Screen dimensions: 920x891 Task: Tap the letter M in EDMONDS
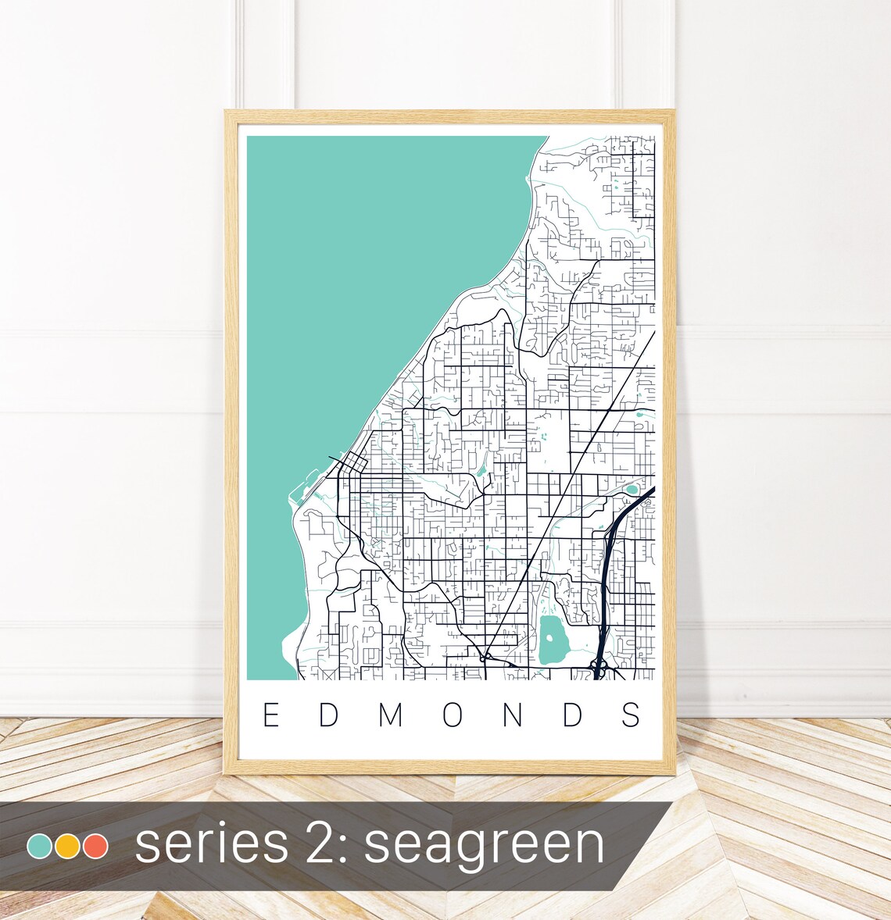pyautogui.click(x=392, y=715)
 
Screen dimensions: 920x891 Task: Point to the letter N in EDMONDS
pyautogui.click(x=513, y=715)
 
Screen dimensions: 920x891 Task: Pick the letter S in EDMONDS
pyautogui.click(x=633, y=715)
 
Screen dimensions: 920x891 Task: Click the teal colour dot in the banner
pyautogui.click(x=39, y=847)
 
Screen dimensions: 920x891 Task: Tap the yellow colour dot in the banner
pyautogui.click(x=68, y=847)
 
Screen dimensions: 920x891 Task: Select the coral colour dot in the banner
pyautogui.click(x=95, y=847)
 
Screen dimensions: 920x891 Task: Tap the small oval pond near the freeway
pyautogui.click(x=631, y=490)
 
